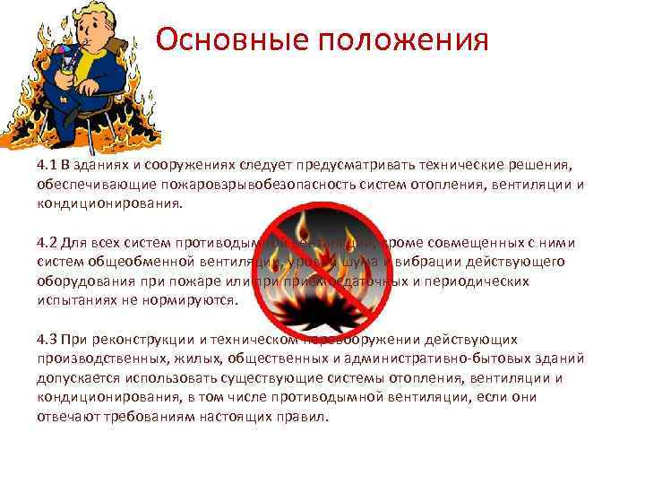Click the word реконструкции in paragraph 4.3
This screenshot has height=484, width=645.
click(x=139, y=340)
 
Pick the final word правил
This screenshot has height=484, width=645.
click(x=306, y=417)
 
